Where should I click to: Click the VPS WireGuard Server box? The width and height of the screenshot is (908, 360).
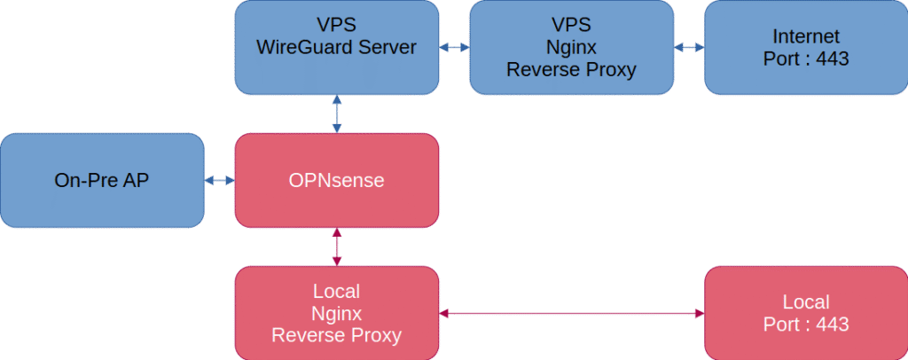tap(336, 47)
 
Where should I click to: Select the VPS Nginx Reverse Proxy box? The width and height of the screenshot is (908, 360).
tap(571, 47)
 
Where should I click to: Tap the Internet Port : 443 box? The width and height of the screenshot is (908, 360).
tap(806, 47)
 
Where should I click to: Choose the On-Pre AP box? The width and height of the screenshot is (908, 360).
tap(102, 180)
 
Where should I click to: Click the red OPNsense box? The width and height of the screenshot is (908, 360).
tap(336, 180)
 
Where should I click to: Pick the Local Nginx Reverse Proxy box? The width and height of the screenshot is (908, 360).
tap(336, 313)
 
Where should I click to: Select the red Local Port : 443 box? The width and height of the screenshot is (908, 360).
tap(806, 313)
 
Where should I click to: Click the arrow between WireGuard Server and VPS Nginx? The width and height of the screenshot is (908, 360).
tap(454, 47)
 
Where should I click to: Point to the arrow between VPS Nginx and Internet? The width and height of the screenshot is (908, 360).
tap(689, 47)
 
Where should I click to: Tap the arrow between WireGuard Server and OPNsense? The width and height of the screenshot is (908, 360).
tap(336, 113)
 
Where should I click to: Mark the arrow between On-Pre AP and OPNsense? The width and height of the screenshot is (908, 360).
tap(219, 181)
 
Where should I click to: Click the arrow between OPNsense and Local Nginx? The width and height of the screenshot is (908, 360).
tap(336, 247)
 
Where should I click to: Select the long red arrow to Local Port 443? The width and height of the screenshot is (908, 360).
tap(571, 313)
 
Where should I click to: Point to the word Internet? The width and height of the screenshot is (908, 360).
tap(806, 36)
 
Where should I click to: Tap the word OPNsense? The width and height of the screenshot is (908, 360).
tap(336, 180)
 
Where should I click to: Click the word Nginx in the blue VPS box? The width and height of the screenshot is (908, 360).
tap(571, 47)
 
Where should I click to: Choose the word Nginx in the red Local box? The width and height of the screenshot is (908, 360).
tap(336, 313)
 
